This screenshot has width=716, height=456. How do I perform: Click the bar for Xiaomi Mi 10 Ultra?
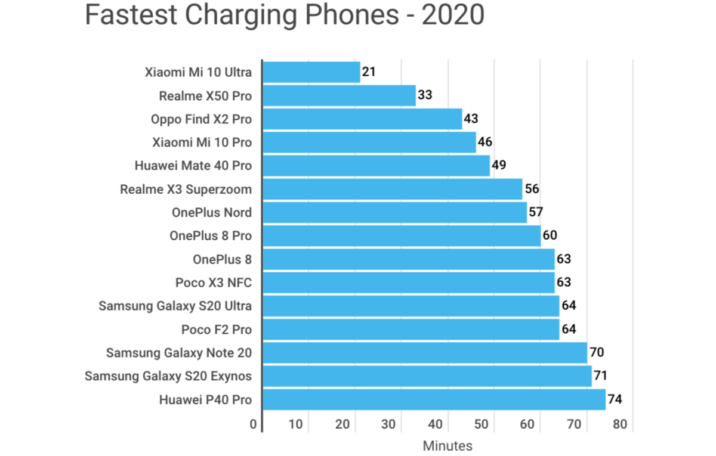click(x=311, y=73)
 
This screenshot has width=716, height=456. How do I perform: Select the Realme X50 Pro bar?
click(x=339, y=96)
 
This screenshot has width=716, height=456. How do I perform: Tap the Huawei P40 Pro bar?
click(x=434, y=399)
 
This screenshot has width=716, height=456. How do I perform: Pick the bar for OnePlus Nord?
click(x=394, y=213)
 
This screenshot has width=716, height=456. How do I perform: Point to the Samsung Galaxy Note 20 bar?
click(x=424, y=353)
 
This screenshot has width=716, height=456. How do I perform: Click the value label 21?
click(x=369, y=72)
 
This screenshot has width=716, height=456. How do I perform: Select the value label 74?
click(x=615, y=399)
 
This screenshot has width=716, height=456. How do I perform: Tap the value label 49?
click(x=499, y=165)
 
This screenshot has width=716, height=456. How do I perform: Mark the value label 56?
click(x=531, y=189)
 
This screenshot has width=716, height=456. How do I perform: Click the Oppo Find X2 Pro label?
click(x=201, y=119)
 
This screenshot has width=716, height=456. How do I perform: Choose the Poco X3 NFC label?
click(x=213, y=283)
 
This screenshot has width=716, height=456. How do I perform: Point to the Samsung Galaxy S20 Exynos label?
click(x=168, y=376)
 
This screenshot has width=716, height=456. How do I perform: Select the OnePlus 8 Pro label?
click(x=210, y=236)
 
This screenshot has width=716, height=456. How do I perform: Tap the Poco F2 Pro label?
click(x=216, y=330)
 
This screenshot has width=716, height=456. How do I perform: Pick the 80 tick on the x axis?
click(x=620, y=425)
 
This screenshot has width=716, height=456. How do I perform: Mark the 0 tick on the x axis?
click(x=254, y=425)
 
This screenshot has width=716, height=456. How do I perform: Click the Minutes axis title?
click(x=447, y=446)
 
